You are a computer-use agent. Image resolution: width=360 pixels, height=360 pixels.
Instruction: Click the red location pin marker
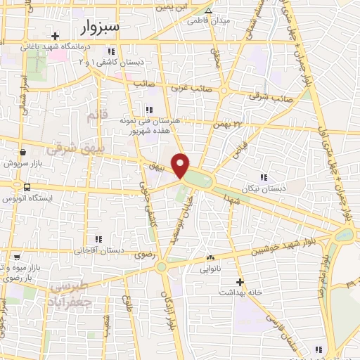click(x=181, y=165)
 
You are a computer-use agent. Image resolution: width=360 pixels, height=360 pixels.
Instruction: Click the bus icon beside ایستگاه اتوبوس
click(x=27, y=188)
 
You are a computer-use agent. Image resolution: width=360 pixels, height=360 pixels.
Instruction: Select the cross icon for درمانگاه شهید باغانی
click(x=55, y=35)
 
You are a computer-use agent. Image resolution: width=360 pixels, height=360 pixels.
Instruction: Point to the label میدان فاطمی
click(x=207, y=20)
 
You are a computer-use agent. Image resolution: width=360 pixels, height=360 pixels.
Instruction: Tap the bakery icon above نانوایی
click(x=210, y=258)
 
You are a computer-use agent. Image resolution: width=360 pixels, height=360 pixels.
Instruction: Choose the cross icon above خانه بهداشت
click(x=240, y=281)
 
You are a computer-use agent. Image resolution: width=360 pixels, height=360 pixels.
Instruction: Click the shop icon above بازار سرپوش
click(x=23, y=153)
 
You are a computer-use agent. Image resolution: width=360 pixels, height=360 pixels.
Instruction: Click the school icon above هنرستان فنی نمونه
click(x=148, y=109)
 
